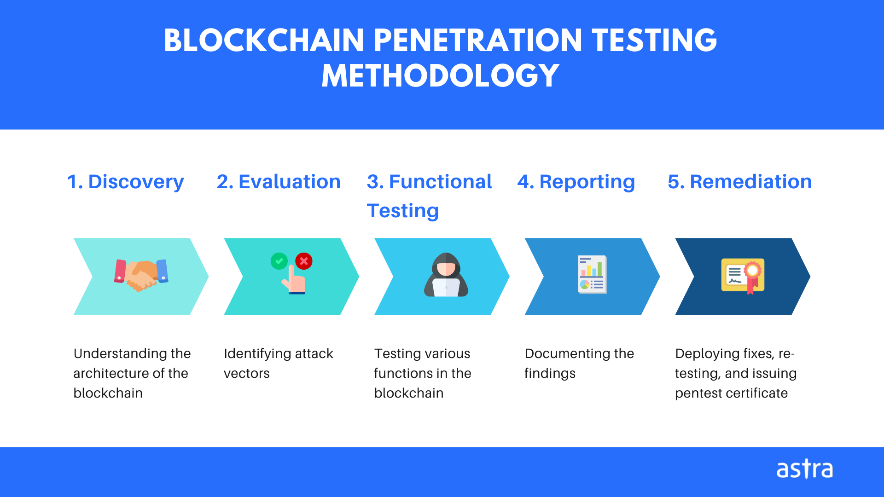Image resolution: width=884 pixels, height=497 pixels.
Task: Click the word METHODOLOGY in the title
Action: pos(440,76)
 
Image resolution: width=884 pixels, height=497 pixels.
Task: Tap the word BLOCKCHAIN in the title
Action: pos(264,40)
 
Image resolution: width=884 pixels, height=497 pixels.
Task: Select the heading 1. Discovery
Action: pos(125,182)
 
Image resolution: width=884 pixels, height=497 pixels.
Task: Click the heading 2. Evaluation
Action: pos(279,182)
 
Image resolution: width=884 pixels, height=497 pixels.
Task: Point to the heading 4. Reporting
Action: pos(576,182)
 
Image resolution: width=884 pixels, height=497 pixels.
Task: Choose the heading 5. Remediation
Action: pos(739,182)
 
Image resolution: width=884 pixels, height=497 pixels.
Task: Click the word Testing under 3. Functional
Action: pos(403,211)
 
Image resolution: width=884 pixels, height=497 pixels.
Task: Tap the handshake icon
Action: pos(141,275)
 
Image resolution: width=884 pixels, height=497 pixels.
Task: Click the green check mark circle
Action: pos(279,261)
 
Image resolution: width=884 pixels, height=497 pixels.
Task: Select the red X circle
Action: pos(304,261)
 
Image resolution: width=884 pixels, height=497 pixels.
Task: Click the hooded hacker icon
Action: pos(446,275)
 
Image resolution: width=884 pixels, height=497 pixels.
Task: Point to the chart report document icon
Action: pos(592,274)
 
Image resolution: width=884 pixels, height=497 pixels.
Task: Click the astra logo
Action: pos(804,469)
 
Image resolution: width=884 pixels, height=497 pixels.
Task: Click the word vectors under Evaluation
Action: pos(247,373)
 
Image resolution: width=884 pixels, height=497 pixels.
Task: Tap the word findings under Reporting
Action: pos(550,373)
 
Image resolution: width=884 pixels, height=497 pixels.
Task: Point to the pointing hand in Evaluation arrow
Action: pos(295,282)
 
